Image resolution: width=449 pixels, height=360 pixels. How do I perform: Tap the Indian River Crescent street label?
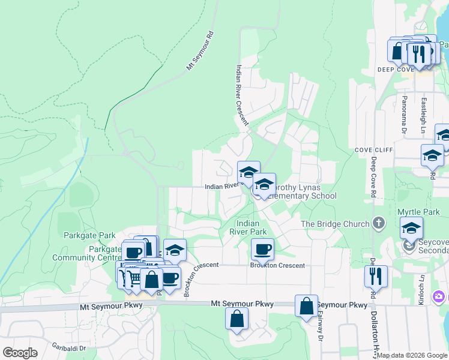pyautogui.click(x=242, y=94)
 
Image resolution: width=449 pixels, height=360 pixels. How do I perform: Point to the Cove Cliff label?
pyautogui.click(x=373, y=149)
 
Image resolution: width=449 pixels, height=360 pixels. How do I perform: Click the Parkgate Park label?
pyautogui.click(x=89, y=235)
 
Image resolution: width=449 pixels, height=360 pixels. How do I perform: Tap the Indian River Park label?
pyautogui.click(x=248, y=227)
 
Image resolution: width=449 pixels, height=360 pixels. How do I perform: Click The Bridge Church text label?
pyautogui.click(x=335, y=224)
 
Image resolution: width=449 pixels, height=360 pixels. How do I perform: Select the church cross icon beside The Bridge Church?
pyautogui.click(x=378, y=223)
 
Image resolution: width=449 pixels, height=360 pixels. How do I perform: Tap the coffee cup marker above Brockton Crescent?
pyautogui.click(x=262, y=249)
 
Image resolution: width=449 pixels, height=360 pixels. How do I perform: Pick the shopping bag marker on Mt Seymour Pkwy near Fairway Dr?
pyautogui.click(x=306, y=305)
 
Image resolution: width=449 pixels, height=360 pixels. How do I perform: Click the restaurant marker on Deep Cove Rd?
pyautogui.click(x=376, y=276)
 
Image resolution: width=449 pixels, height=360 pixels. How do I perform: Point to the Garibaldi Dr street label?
pyautogui.click(x=68, y=347)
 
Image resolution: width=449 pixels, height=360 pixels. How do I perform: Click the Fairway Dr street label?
pyautogui.click(x=321, y=327)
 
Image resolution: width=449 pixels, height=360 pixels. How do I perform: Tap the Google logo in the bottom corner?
pyautogui.click(x=20, y=353)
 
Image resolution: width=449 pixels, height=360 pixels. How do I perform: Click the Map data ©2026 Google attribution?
pyautogui.click(x=412, y=355)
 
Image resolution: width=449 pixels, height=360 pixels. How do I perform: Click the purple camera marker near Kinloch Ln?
pyautogui.click(x=440, y=297)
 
